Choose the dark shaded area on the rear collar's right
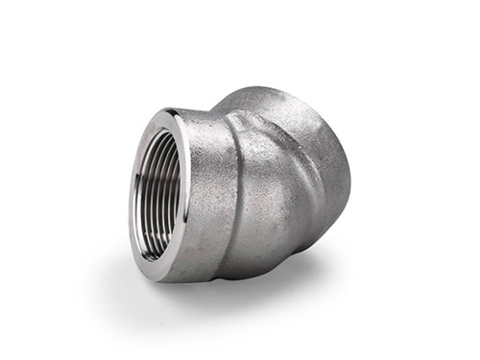tap(338, 202)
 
